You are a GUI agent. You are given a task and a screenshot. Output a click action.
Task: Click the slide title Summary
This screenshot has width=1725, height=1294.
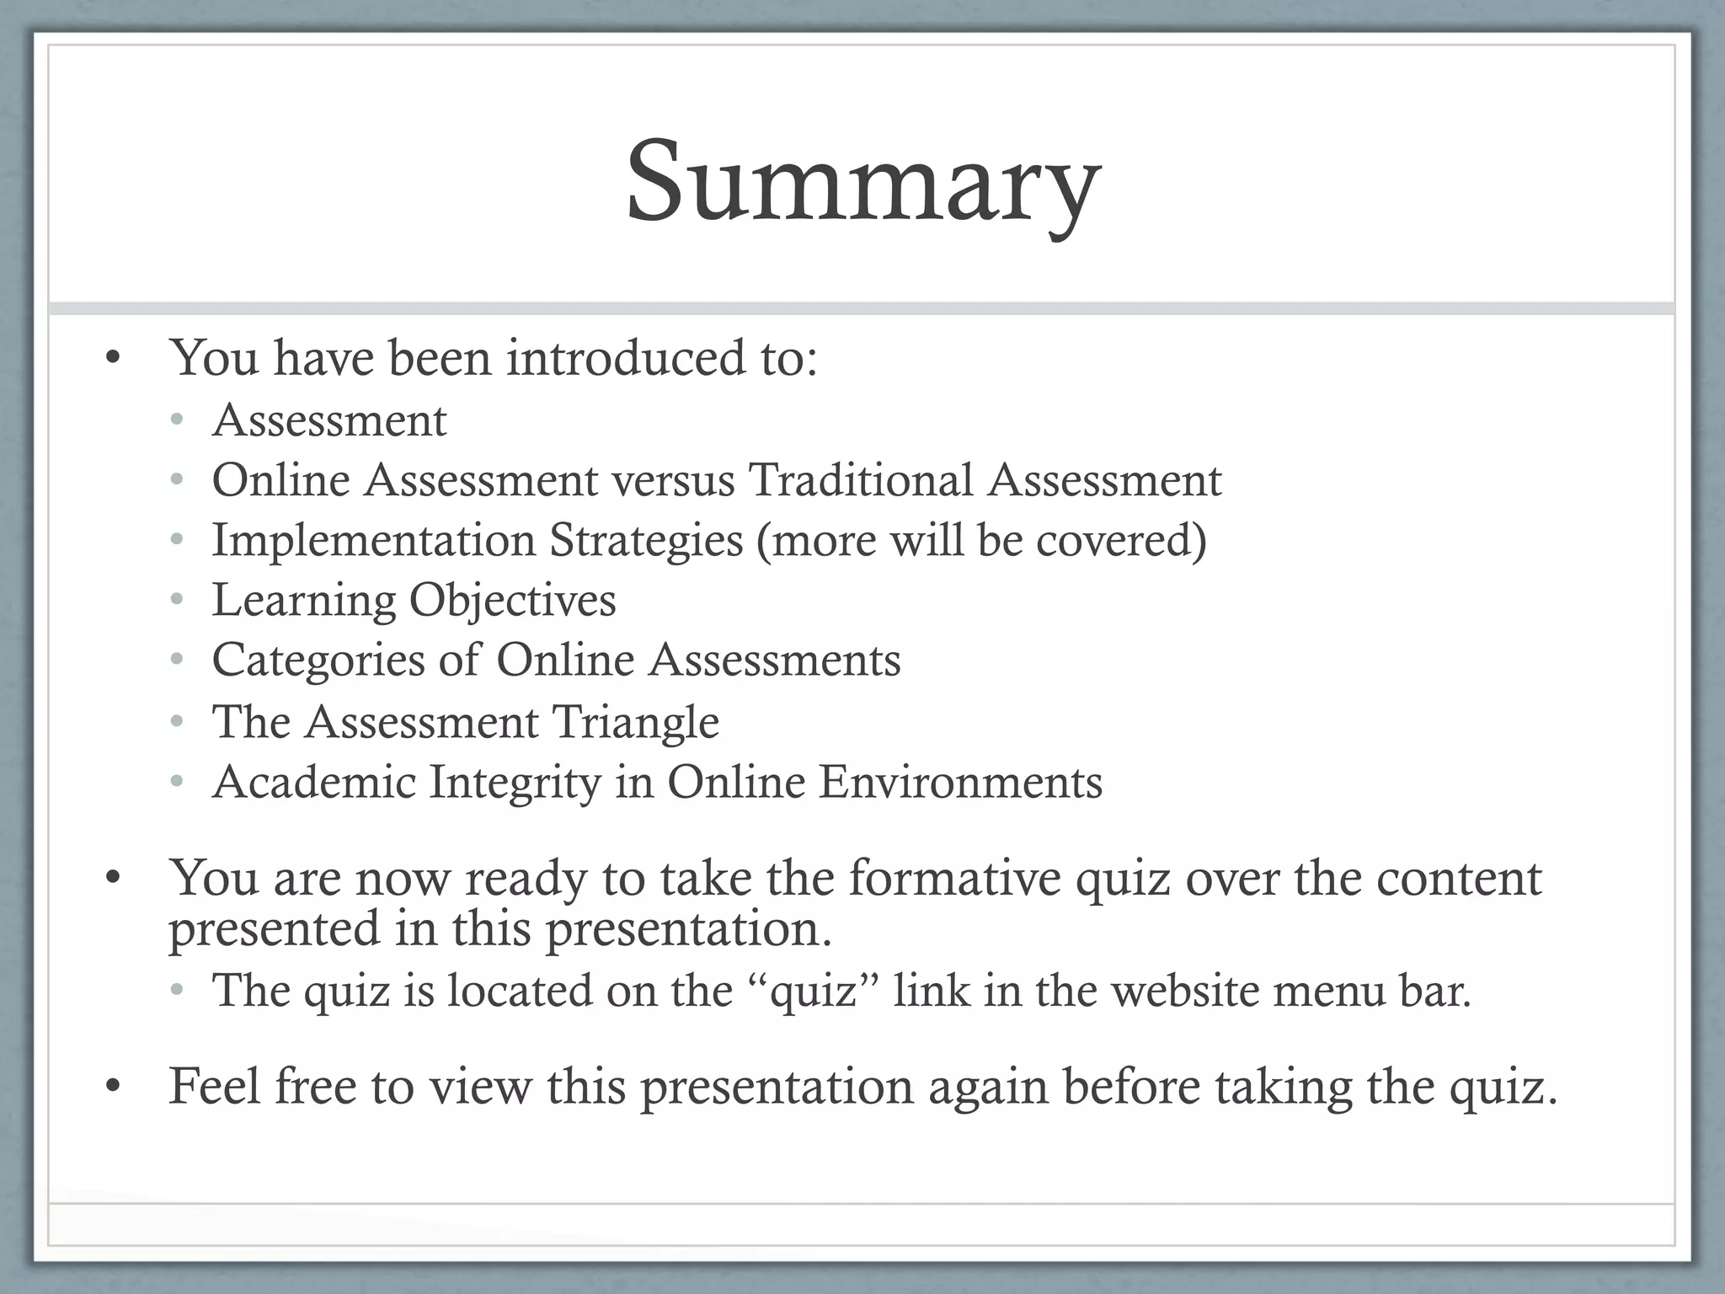pyautogui.click(x=862, y=184)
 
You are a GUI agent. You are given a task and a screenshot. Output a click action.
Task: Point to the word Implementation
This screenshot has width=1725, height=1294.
pyautogui.click(x=373, y=540)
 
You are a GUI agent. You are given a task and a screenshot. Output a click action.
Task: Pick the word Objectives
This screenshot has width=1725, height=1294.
pyautogui.click(x=512, y=601)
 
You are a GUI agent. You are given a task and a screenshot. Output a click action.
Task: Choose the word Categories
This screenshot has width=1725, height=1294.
pyautogui.click(x=318, y=660)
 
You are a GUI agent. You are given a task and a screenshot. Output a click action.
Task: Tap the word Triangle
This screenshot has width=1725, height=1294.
pyautogui.click(x=635, y=722)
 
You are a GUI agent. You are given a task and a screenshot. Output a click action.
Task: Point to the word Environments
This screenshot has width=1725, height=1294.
pyautogui.click(x=960, y=782)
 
